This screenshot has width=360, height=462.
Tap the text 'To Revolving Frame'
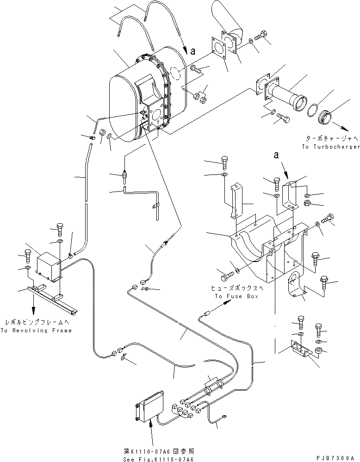click(x=36, y=331)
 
